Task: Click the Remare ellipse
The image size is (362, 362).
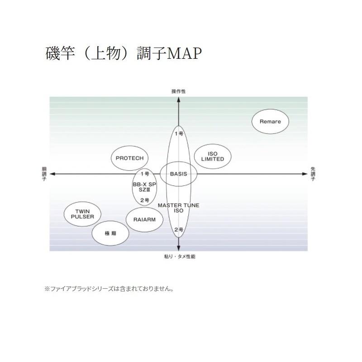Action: [270, 122]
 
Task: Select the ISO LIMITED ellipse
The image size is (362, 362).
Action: [212, 157]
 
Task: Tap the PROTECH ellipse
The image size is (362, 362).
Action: [129, 158]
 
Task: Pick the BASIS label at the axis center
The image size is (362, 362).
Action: [178, 174]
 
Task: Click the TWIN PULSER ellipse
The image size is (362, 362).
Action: [82, 214]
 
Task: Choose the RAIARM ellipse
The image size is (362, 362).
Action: [145, 219]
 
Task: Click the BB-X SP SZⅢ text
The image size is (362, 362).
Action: [144, 188]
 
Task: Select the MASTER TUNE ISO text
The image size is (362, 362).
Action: [178, 208]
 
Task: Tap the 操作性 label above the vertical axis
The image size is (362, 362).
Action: [178, 91]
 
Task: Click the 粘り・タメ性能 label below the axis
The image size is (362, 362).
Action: [180, 257]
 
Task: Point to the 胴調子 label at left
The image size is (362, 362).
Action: [44, 174]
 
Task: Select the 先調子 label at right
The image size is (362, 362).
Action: [313, 174]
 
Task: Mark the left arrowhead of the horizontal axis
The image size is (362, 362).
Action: [52, 174]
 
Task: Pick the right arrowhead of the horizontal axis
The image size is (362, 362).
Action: [305, 174]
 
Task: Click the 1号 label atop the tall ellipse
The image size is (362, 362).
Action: [179, 134]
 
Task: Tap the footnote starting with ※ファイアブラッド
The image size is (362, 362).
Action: [109, 288]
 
